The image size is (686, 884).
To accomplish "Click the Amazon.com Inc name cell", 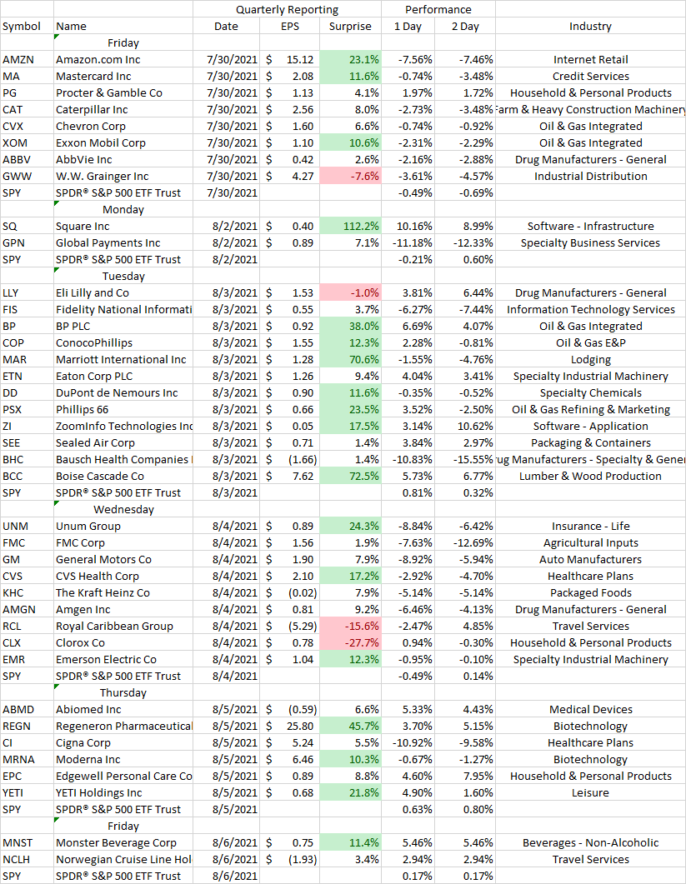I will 98,60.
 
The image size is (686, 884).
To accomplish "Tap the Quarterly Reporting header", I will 287,10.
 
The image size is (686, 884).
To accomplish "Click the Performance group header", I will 438,10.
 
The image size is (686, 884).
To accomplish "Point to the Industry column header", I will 590,27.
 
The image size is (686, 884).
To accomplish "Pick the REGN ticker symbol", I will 17,727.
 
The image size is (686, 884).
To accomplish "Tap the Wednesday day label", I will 123,510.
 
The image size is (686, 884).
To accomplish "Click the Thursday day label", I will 123,693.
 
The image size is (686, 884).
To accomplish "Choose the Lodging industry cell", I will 590,360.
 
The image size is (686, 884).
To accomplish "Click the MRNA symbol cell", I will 18,760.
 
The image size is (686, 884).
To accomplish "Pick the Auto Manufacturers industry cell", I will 590,560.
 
